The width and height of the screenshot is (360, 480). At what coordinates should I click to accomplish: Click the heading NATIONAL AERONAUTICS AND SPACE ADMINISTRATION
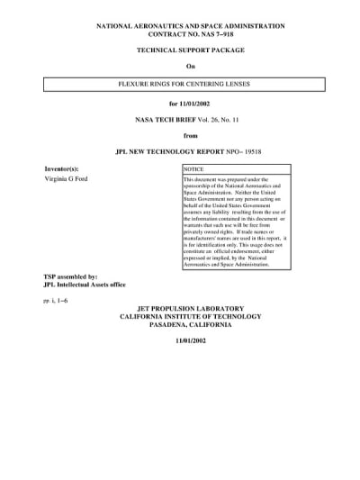tap(190, 27)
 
